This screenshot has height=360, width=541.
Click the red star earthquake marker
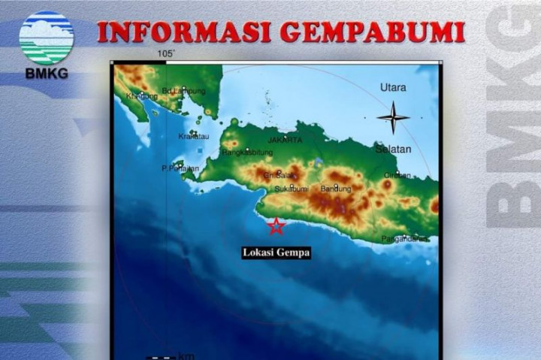277,225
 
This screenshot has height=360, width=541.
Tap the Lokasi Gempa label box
276,253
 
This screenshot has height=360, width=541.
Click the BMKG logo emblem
47,37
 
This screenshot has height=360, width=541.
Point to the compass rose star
393,117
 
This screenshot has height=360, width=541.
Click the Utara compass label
393,87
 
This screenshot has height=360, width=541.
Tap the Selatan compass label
394,149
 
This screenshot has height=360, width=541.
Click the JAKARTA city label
285,140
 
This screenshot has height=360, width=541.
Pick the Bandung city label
336,188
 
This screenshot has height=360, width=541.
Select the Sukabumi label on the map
292,188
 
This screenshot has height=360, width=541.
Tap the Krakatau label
194,136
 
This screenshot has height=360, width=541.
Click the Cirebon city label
397,175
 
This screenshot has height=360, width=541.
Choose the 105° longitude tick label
166,54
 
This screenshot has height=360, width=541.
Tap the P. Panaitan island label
180,168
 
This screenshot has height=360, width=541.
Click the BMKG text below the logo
47,74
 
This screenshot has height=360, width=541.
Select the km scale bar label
185,355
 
